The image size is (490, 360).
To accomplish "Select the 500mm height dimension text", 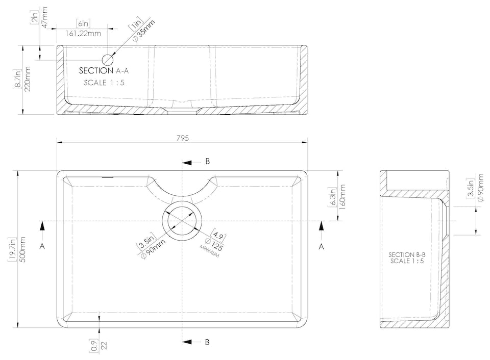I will coord(22,250).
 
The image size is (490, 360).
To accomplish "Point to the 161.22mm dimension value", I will coord(84,33).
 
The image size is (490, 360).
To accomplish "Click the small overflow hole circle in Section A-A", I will coord(109,59).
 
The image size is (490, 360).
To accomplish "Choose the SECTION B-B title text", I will coord(407,254).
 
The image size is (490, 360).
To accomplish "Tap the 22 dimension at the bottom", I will coord(104,345).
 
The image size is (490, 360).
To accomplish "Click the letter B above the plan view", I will coord(207,161).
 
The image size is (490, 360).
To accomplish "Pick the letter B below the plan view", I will coord(207,342).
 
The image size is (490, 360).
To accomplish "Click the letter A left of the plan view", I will coord(42,246).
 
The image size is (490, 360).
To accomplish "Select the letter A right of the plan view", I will coord(321,246).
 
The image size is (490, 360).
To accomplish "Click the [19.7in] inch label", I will coord(13,250).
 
